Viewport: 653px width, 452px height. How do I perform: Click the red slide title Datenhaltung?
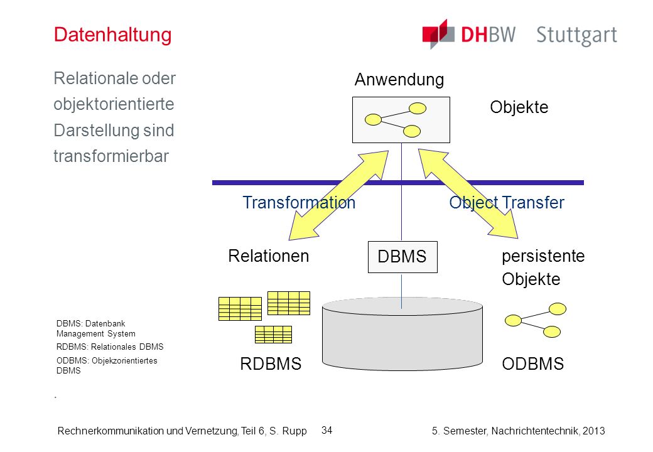click(x=112, y=35)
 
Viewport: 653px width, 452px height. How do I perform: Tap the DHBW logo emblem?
click(x=438, y=34)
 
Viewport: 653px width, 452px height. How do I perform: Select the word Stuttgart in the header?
click(x=576, y=35)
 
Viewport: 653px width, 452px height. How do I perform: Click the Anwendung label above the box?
click(x=399, y=80)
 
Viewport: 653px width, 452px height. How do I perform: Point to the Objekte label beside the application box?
click(x=519, y=107)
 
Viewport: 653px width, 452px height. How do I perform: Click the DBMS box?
click(x=402, y=257)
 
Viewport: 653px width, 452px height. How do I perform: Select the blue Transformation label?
click(x=299, y=203)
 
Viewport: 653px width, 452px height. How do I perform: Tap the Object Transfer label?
click(x=507, y=203)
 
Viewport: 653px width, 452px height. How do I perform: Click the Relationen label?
click(x=269, y=256)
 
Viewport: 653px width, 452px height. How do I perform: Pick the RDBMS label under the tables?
click(x=271, y=363)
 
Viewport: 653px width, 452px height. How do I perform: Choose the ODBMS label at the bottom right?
click(x=532, y=363)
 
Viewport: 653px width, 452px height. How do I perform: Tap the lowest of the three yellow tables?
click(x=273, y=334)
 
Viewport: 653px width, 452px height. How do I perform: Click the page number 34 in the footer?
click(x=327, y=431)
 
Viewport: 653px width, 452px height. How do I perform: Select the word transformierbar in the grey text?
click(x=111, y=156)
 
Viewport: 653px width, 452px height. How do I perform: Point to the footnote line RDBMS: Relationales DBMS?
click(x=110, y=347)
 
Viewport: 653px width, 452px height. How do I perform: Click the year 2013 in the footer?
click(x=593, y=431)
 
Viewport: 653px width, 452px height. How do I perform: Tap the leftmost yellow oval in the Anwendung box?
click(x=373, y=120)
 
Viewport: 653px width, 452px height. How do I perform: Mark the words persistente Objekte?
click(x=543, y=267)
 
